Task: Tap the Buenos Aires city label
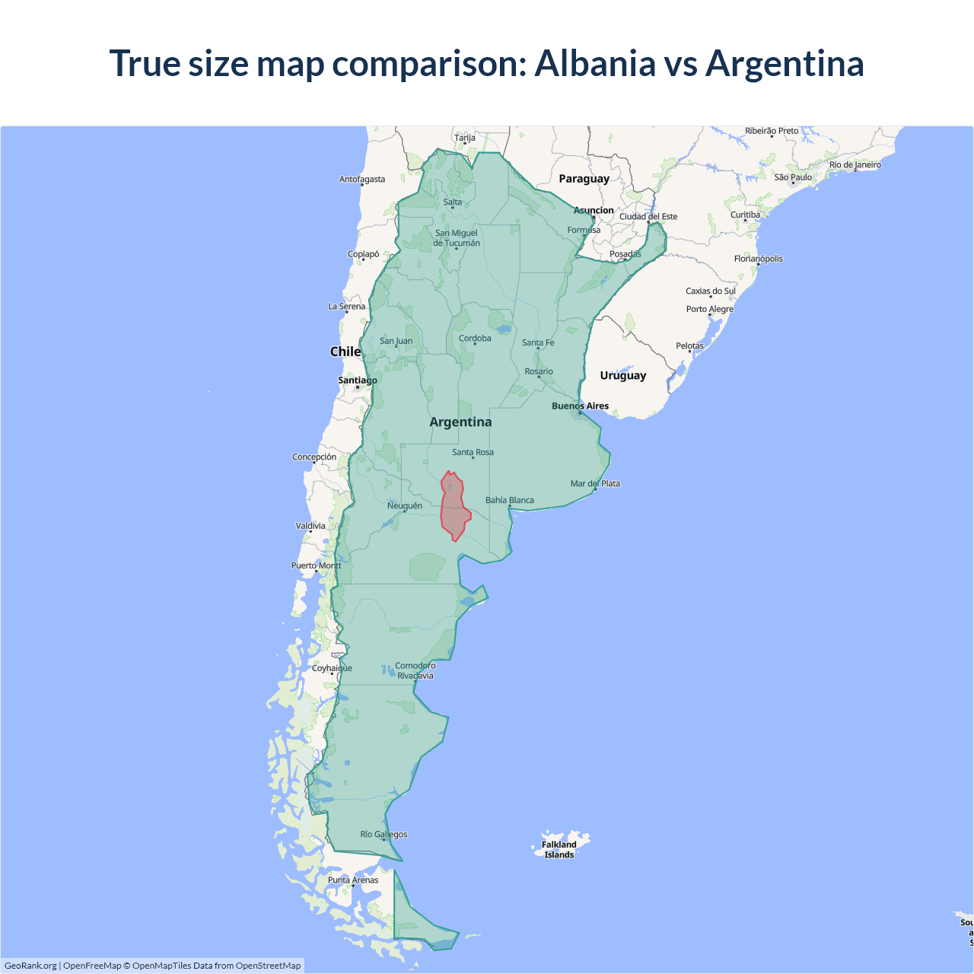coord(580,406)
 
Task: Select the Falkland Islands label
coord(559,849)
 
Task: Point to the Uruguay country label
coord(622,375)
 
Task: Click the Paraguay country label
coord(584,179)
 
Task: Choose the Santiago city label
coord(357,380)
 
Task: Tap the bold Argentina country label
coord(460,422)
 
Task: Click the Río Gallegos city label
coord(384,834)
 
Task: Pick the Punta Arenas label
coord(353,880)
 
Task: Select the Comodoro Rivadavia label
coord(415,670)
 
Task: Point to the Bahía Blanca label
coord(510,500)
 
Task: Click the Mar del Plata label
coord(595,483)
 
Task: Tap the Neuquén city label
coord(404,505)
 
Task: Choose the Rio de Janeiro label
coord(855,164)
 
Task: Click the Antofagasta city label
coord(362,180)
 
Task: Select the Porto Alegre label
coord(709,309)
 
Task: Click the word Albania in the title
coord(595,63)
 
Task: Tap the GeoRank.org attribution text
coord(30,966)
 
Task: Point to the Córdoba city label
coord(475,339)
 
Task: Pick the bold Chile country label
coord(345,352)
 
